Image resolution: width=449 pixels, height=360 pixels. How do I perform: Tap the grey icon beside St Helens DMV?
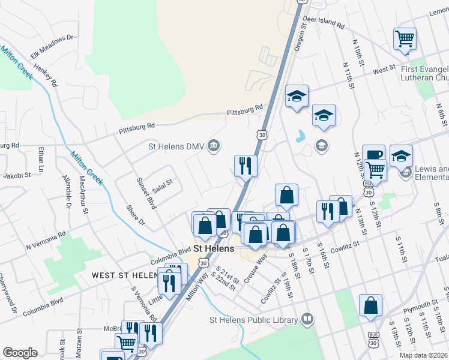[214, 146]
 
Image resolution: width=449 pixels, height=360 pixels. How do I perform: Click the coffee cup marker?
[373, 155]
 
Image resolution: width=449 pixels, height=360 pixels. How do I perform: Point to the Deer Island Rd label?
[324, 23]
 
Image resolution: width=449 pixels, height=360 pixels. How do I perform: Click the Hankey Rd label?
[45, 75]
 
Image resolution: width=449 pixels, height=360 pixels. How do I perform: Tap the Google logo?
[20, 353]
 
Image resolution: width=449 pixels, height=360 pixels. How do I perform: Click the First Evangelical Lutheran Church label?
[424, 73]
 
